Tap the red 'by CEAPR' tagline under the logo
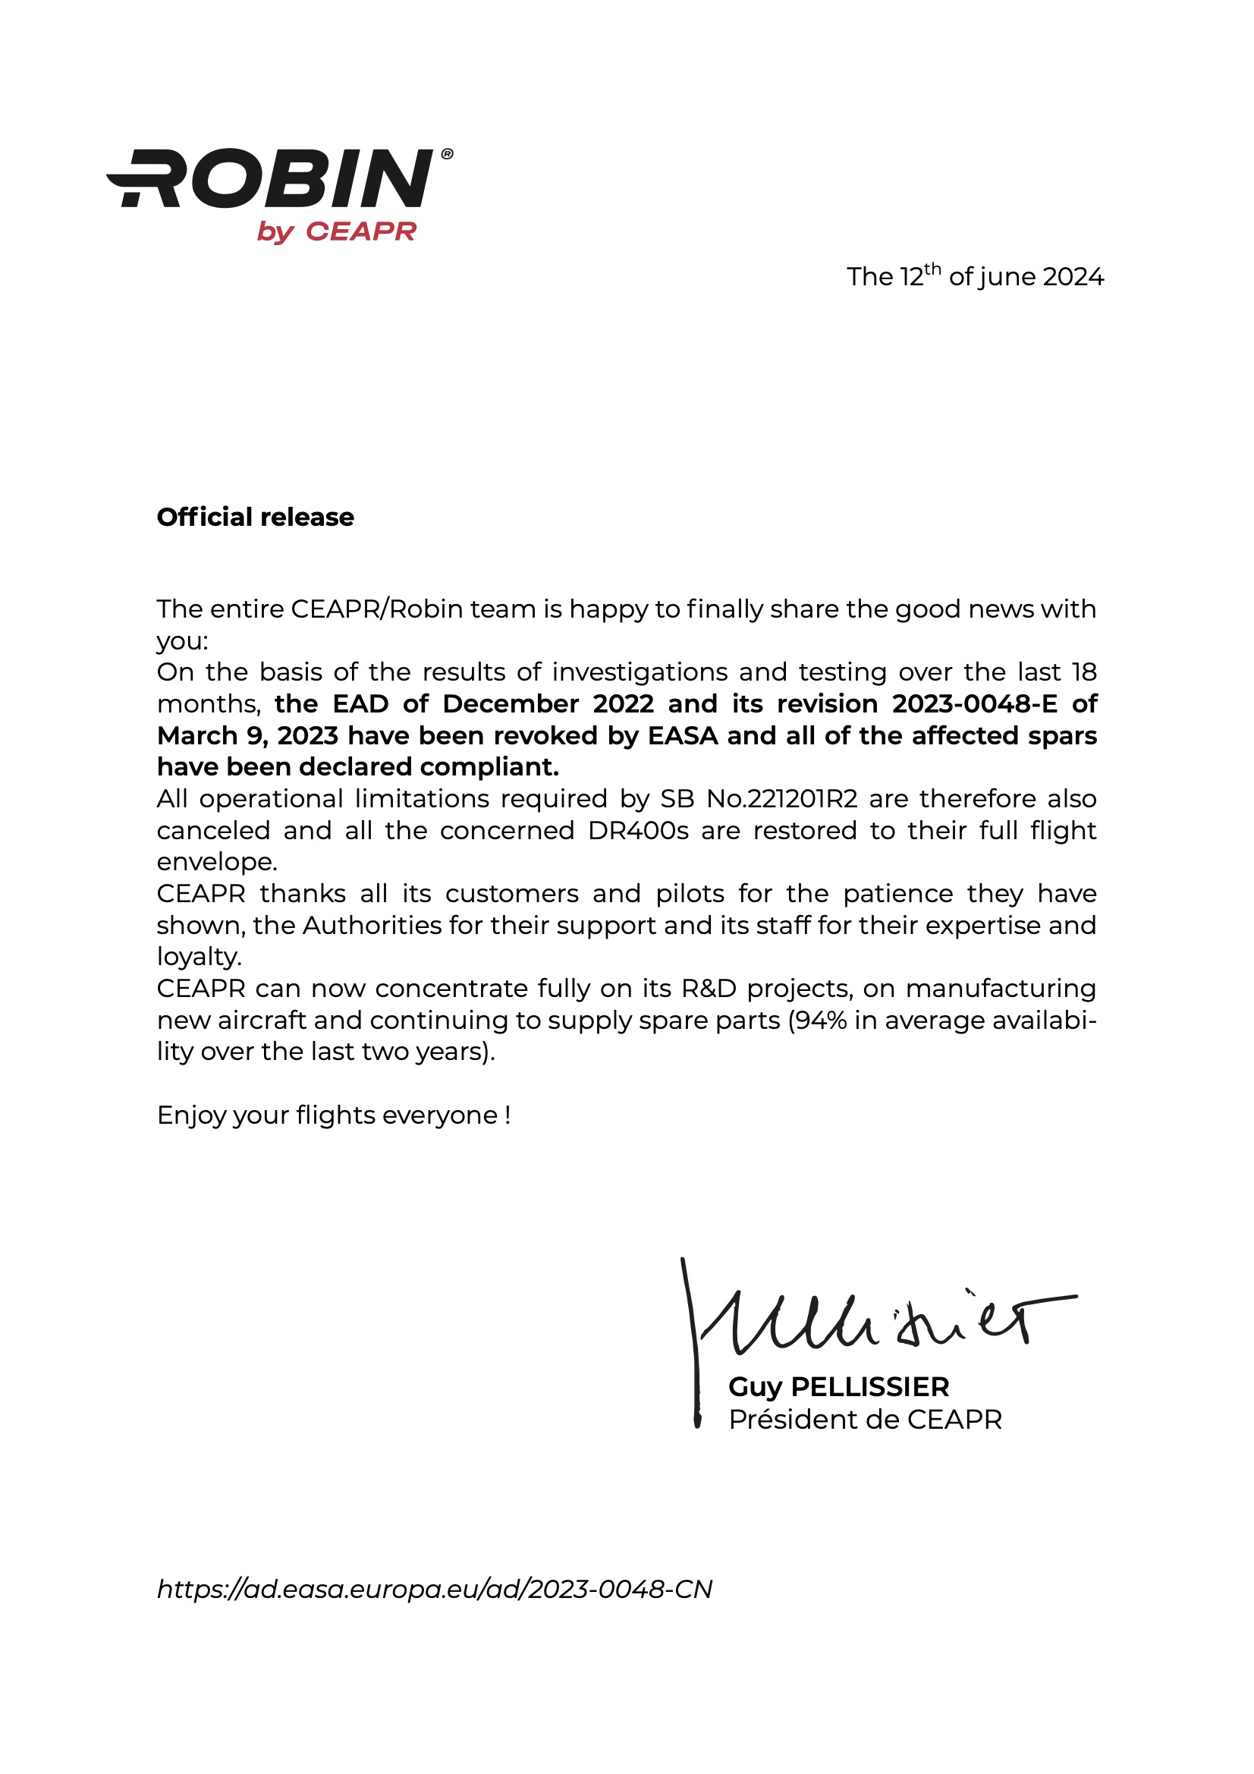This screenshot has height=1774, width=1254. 337,231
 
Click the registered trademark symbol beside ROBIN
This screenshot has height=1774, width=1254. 447,155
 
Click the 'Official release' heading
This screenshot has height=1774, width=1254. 255,517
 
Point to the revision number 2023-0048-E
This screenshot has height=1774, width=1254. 975,704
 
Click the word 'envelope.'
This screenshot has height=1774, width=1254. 216,862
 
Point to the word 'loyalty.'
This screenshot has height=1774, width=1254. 200,958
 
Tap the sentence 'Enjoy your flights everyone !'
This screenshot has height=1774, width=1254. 334,1115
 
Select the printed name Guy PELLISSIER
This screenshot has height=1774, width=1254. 838,1387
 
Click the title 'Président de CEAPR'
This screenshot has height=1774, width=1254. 865,1420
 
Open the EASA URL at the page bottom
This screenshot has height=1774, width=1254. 434,1590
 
